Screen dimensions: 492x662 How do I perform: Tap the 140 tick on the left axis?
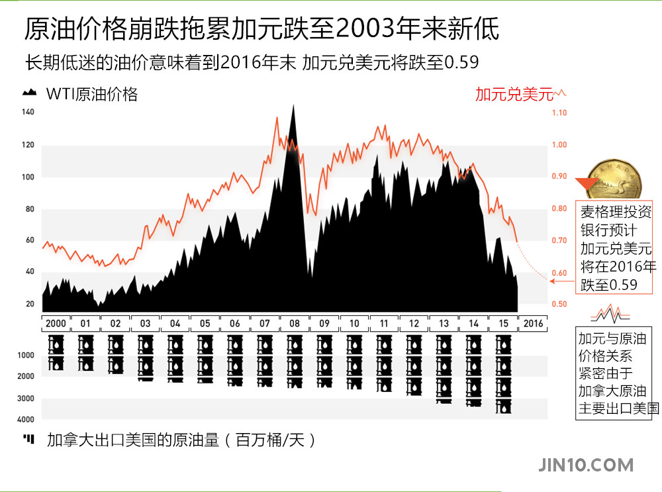click(x=28, y=112)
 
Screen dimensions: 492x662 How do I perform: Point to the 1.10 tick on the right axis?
click(x=559, y=113)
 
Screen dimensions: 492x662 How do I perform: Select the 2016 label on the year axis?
click(x=533, y=324)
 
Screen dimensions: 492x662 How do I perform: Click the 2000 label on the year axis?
click(x=55, y=324)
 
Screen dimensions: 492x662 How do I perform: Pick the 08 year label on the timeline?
click(x=293, y=324)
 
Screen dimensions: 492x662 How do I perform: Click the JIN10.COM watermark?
click(x=587, y=465)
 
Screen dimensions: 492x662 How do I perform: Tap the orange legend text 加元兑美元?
click(x=514, y=94)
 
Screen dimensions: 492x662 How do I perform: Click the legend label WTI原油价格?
click(x=92, y=94)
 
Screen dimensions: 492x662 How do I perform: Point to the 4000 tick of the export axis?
click(x=26, y=420)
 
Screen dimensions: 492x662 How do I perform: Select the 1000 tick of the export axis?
click(x=26, y=356)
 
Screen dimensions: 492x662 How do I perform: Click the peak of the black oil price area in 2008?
click(x=293, y=106)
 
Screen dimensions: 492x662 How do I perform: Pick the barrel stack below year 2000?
click(x=56, y=353)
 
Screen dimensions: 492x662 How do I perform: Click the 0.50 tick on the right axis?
click(x=559, y=305)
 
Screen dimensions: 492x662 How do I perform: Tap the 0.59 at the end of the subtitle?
click(x=461, y=62)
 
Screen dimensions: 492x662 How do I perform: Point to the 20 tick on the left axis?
click(x=30, y=305)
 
